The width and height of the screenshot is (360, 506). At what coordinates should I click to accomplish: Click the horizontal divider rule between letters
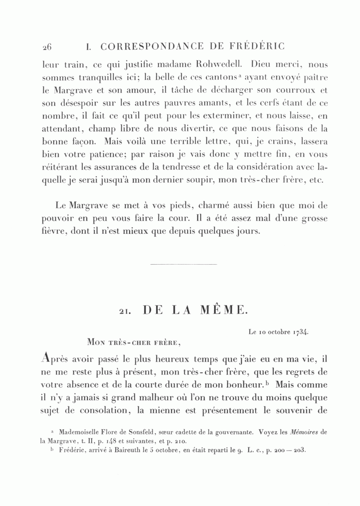[184, 264]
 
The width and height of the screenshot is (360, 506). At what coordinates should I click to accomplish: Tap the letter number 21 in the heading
[126, 311]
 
